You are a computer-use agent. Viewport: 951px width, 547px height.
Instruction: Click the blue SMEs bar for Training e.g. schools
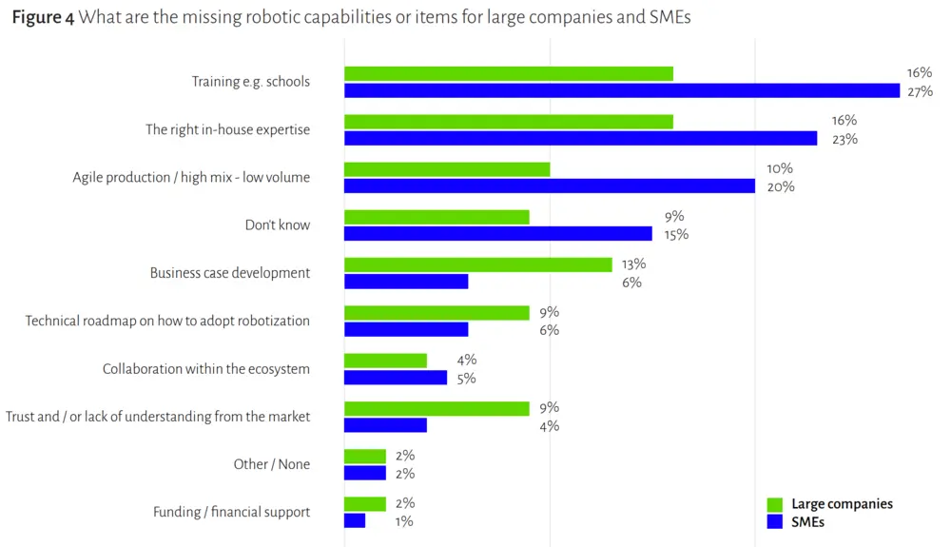pos(622,91)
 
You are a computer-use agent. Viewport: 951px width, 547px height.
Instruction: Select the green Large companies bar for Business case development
pos(477,264)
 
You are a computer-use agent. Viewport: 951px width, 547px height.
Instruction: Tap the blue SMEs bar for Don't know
pos(497,234)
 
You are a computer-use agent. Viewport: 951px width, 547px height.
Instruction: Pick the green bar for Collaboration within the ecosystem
pos(385,361)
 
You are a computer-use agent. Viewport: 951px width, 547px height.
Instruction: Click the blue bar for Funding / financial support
pos(355,521)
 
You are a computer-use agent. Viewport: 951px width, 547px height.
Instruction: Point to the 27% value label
pos(920,91)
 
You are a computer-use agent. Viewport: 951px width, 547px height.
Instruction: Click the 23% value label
pos(844,139)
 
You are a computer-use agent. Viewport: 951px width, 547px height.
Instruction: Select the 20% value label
pos(781,186)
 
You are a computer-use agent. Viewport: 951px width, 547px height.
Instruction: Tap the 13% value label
pos(632,264)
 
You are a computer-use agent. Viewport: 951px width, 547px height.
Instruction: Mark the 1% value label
pos(403,521)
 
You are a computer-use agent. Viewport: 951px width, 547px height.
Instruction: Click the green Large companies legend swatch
pos(774,505)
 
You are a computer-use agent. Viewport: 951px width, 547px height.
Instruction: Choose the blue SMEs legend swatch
pos(774,521)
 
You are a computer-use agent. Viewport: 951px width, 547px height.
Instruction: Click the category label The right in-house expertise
pos(227,129)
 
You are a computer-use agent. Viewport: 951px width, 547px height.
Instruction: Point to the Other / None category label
pos(271,464)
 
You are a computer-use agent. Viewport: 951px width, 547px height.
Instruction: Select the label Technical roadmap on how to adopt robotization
pos(167,321)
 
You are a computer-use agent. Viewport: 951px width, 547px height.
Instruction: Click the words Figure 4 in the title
pos(42,18)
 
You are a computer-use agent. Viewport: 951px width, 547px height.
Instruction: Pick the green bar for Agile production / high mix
pos(447,168)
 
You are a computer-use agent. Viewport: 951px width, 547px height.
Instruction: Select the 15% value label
pos(677,234)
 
